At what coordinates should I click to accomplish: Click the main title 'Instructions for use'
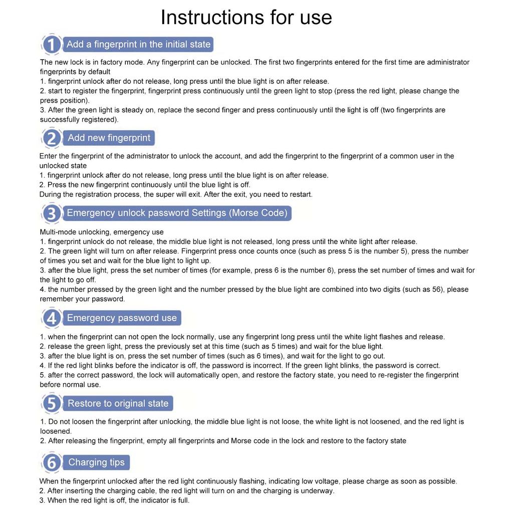[x=246, y=18]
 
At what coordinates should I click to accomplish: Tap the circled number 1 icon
[x=51, y=45]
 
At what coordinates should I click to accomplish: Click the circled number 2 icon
[x=51, y=138]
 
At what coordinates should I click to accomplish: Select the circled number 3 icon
[x=51, y=213]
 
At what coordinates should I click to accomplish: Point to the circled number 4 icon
[x=51, y=318]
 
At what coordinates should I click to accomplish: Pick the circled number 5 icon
[x=51, y=404]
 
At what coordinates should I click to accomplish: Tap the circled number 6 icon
[x=51, y=462]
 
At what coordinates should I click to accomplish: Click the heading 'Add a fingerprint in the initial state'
[x=138, y=44]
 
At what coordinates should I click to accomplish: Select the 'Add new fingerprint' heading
[x=109, y=138]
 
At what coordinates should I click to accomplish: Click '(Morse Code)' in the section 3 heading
[x=258, y=213]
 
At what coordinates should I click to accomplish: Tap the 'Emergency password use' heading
[x=122, y=318]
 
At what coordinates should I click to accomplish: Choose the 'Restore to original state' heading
[x=118, y=403]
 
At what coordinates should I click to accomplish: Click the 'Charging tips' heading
[x=96, y=462]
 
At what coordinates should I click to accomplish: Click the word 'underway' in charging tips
[x=318, y=491]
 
